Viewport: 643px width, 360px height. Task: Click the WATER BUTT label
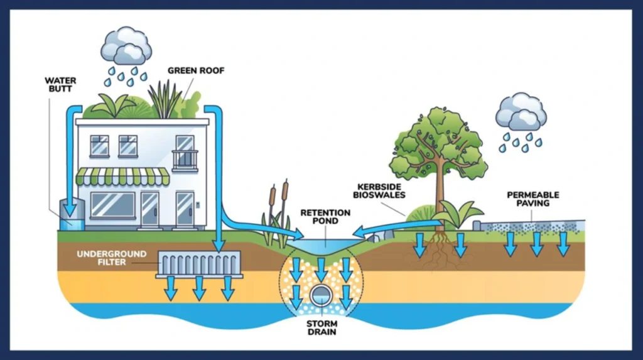click(60, 85)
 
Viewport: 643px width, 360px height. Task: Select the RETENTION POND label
click(325, 216)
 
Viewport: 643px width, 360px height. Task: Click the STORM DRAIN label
click(322, 328)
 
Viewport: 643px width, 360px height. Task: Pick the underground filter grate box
click(199, 264)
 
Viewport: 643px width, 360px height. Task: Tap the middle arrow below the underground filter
click(199, 288)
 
